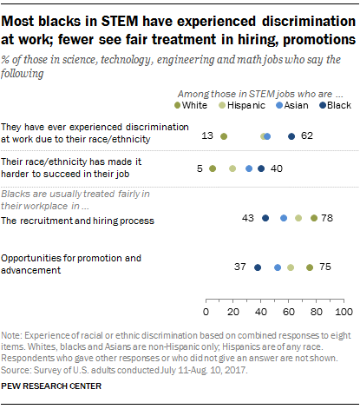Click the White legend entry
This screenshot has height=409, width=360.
195,105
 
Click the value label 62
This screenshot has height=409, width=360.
307,136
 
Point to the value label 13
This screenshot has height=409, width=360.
207,136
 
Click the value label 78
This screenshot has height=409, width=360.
328,218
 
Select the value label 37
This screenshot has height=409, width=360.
242,267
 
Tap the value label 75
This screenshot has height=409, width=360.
324,267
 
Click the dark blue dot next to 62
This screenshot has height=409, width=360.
291,136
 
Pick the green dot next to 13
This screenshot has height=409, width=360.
224,136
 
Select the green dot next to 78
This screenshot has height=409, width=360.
313,218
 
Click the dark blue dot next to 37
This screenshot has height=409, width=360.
258,267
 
